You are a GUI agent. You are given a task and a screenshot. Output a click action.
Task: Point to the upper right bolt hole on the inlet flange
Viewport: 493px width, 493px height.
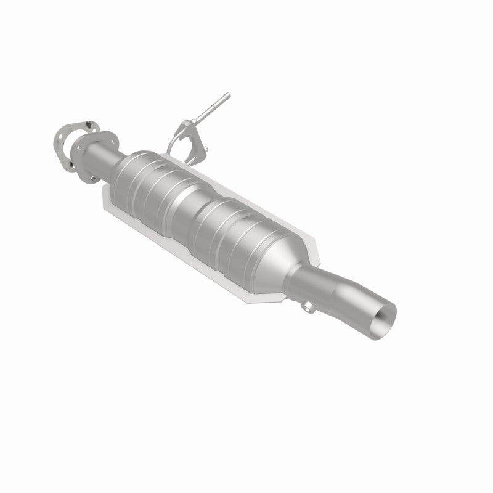coord(99,132)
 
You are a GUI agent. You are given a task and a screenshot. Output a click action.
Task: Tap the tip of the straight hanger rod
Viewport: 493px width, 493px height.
coord(226,97)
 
